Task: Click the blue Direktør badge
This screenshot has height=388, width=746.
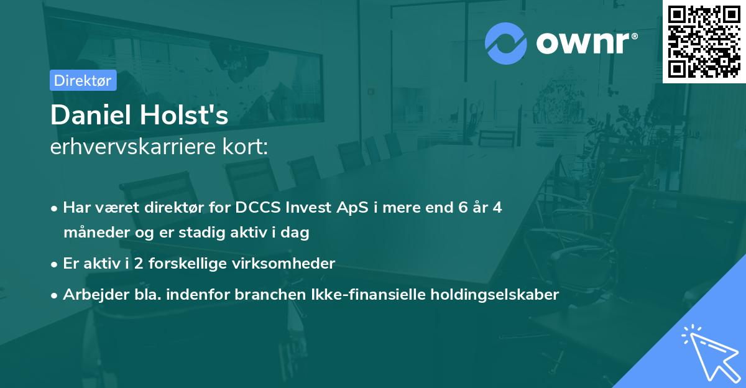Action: pos(83,80)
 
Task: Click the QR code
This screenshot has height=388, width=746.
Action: pos(704,41)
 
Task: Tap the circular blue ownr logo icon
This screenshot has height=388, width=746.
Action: pos(506,43)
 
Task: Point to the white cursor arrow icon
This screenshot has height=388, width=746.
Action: pos(710,353)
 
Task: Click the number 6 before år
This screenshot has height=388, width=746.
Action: pos(463,208)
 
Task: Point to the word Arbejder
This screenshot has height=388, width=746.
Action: pos(91,295)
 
